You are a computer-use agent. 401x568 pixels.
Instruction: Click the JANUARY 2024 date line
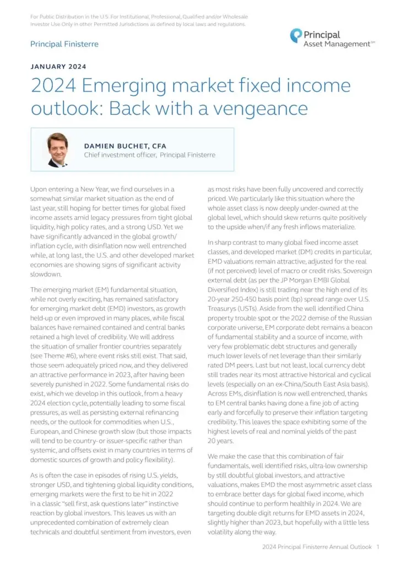coord(58,67)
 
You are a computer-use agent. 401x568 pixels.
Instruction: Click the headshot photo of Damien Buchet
coord(58,149)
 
